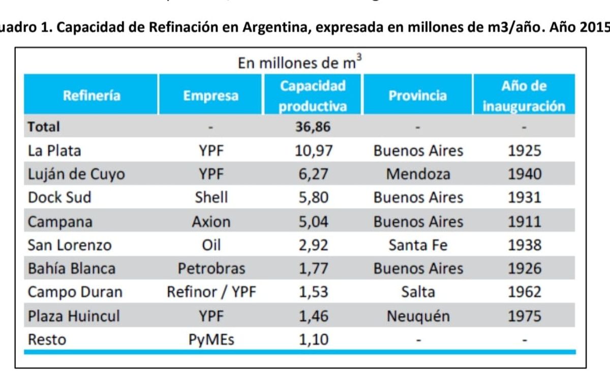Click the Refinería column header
[x=91, y=95]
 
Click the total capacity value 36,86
[x=313, y=127]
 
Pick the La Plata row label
[x=54, y=151]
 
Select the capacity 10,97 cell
[x=313, y=151]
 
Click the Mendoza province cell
[x=418, y=174]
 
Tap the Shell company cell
[x=211, y=197]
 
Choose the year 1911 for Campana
[x=525, y=221]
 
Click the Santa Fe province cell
[x=418, y=245]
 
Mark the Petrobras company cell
[x=211, y=269]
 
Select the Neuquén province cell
[x=418, y=316]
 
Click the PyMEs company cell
[x=211, y=339]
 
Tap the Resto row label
[x=47, y=339]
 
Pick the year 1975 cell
[x=525, y=316]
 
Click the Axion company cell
[x=211, y=221]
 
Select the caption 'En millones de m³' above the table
[x=300, y=63]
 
